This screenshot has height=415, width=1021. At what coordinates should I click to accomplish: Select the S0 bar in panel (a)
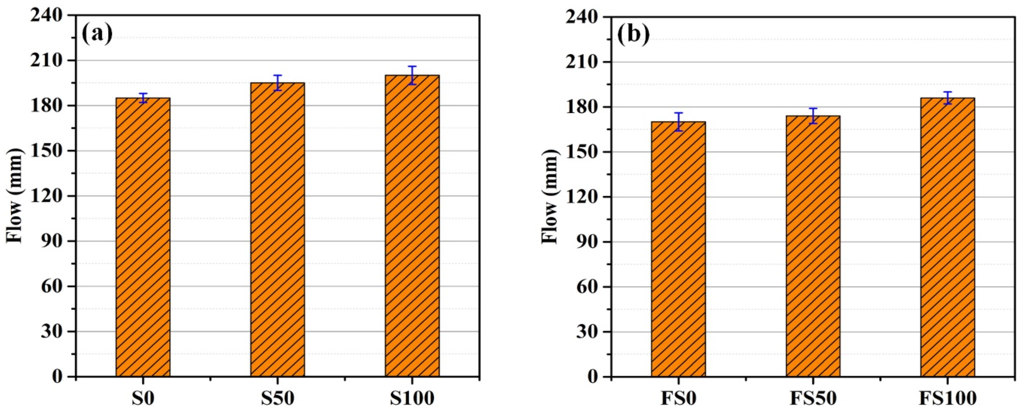(x=143, y=238)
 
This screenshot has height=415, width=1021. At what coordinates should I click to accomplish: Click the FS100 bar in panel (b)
(x=947, y=238)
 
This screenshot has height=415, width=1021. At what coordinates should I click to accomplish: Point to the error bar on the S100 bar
(x=412, y=75)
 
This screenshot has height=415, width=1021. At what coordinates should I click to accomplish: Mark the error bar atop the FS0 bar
(x=679, y=122)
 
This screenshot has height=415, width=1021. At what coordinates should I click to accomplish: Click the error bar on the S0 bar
(x=143, y=98)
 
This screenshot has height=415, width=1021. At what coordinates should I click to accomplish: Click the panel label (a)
(x=97, y=34)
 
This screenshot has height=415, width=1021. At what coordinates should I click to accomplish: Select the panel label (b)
(x=633, y=35)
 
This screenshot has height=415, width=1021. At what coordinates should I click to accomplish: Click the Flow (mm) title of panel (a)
(x=15, y=196)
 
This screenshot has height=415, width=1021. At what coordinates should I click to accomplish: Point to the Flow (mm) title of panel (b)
(x=550, y=197)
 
